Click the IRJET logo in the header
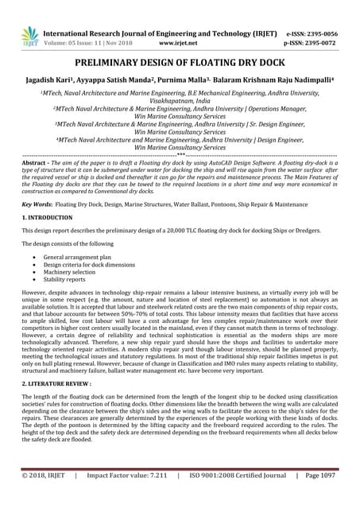tap(29, 36)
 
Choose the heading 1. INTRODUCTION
tap(49, 217)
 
